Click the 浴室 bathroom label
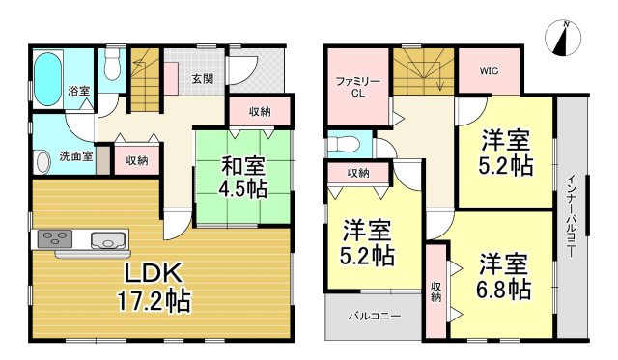pyautogui.click(x=79, y=90)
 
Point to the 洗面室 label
pyautogui.click(x=76, y=155)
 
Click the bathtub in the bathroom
pyautogui.click(x=45, y=71)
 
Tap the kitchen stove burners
pyautogui.click(x=53, y=238)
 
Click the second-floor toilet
pyautogui.click(x=347, y=145)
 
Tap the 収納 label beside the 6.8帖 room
pyautogui.click(x=436, y=291)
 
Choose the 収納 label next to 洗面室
pyautogui.click(x=136, y=160)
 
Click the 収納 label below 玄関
pyautogui.click(x=259, y=112)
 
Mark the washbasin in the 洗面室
pyautogui.click(x=43, y=160)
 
